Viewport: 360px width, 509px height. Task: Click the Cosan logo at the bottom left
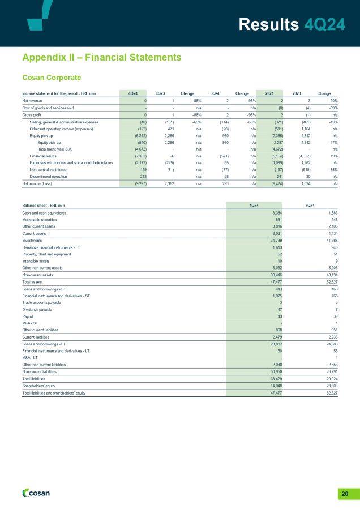pyautogui.click(x=35, y=493)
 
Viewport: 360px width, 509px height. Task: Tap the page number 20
pyautogui.click(x=344, y=493)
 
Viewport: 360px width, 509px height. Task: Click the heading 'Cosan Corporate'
pyautogui.click(x=51, y=77)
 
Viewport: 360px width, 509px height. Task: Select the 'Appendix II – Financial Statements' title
pyautogui.click(x=101, y=57)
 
